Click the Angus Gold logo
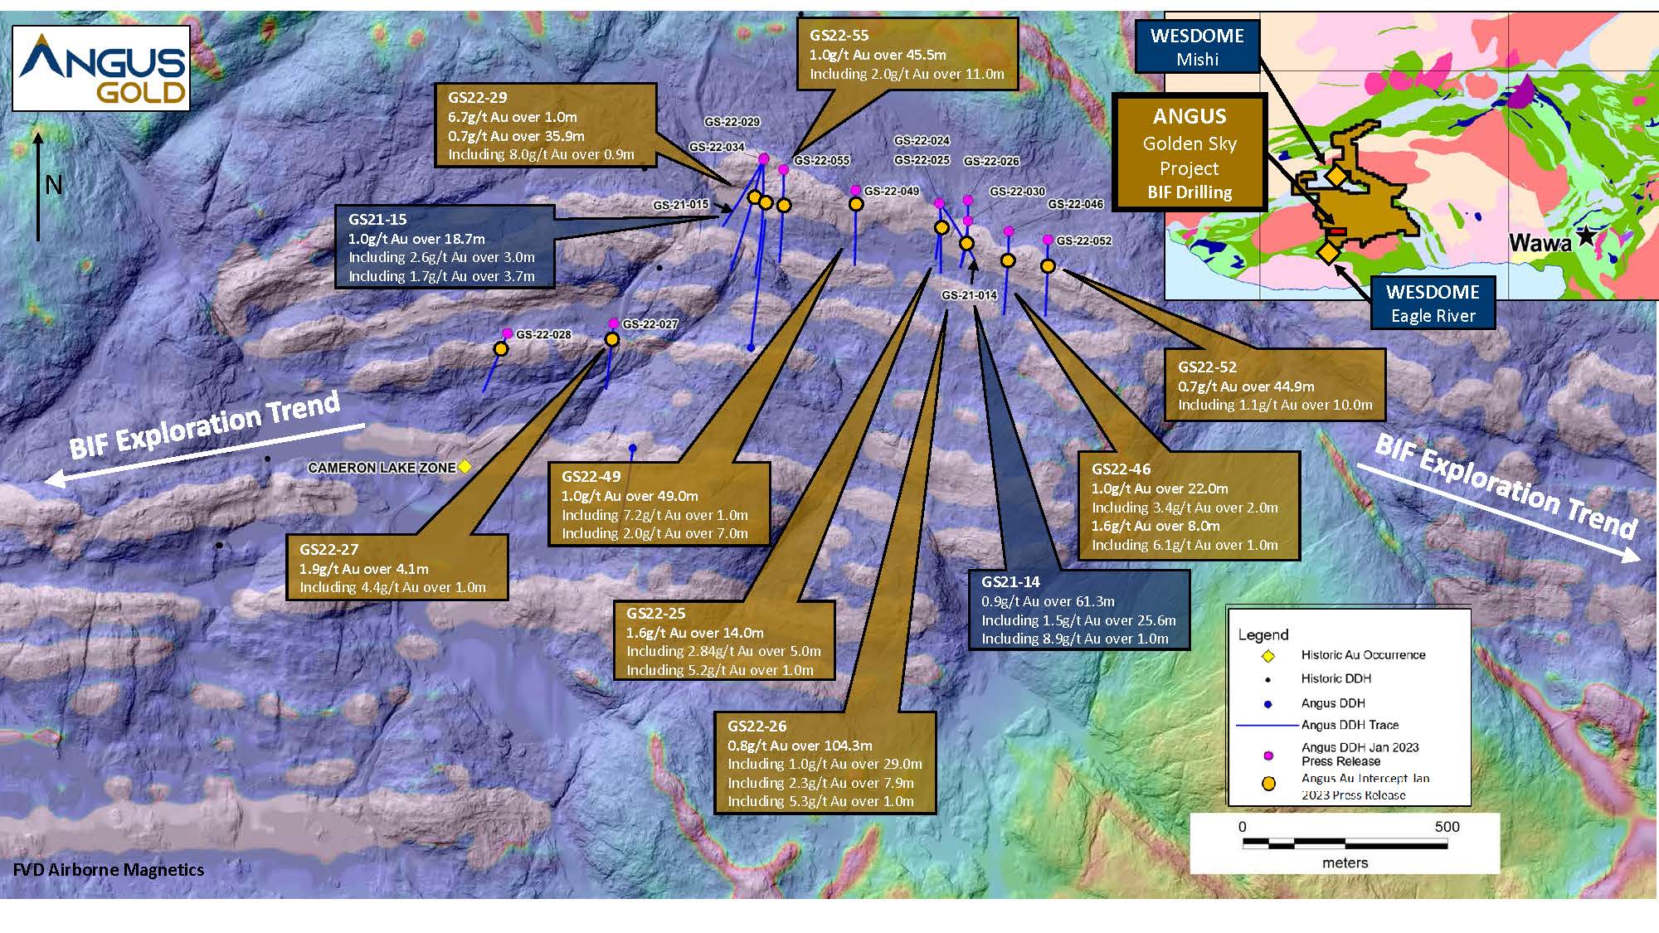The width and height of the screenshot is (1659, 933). (x=101, y=69)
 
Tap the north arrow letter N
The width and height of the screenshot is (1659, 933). (x=54, y=184)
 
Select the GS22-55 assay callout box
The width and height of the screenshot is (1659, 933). (x=907, y=55)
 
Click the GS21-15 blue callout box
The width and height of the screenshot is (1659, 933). (x=445, y=247)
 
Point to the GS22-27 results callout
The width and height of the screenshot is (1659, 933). (x=397, y=567)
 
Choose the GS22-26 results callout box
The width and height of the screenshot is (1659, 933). (x=825, y=763)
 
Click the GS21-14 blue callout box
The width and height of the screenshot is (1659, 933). (x=1078, y=610)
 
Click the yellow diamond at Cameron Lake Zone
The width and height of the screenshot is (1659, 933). (x=465, y=468)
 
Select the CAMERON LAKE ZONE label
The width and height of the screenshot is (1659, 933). (x=382, y=468)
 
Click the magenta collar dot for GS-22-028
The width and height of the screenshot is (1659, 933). (x=508, y=333)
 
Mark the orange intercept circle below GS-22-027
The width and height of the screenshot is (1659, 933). (x=612, y=339)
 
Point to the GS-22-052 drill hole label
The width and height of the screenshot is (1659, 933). (x=1083, y=241)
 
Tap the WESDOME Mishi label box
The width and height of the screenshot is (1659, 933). (x=1197, y=46)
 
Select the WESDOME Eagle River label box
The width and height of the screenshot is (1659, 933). (x=1433, y=303)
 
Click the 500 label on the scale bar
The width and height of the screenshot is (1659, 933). (x=1447, y=827)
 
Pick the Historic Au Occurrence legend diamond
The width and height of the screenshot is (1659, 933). (x=1267, y=656)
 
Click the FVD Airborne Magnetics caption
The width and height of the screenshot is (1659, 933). (x=109, y=870)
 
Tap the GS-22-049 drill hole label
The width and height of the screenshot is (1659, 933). (x=892, y=192)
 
